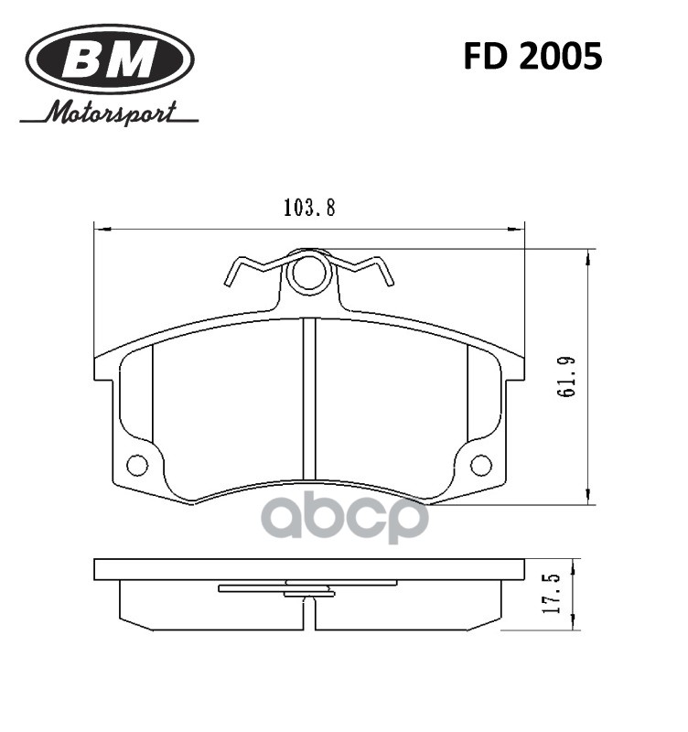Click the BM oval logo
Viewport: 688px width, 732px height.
click(109, 59)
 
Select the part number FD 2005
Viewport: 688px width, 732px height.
click(532, 57)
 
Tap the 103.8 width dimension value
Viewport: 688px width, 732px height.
click(309, 208)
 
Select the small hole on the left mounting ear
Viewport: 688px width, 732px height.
click(137, 465)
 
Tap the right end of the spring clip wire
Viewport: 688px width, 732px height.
click(389, 278)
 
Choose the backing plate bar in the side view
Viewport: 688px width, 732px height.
click(309, 570)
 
